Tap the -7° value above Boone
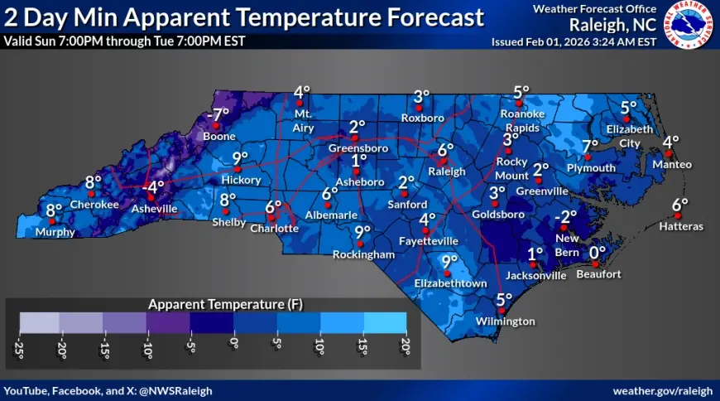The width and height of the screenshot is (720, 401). pos(219,114)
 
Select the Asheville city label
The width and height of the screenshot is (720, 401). pos(155,210)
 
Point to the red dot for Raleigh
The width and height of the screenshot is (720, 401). pos(443,162)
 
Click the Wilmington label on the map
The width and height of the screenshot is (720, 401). pos(505,321)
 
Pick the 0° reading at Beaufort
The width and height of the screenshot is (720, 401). pos(598,252)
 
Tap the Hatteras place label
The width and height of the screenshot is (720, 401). pos(682,226)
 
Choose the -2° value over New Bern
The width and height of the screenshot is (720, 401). pos(565,217)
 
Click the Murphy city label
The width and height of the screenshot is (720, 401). pos(55,233)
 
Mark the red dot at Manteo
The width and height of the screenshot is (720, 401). pos(669,153)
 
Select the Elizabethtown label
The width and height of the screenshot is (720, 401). pos(450,283)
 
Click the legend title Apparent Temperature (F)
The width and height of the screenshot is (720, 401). pos(213,304)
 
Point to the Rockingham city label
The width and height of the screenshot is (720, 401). pos(363,255)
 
